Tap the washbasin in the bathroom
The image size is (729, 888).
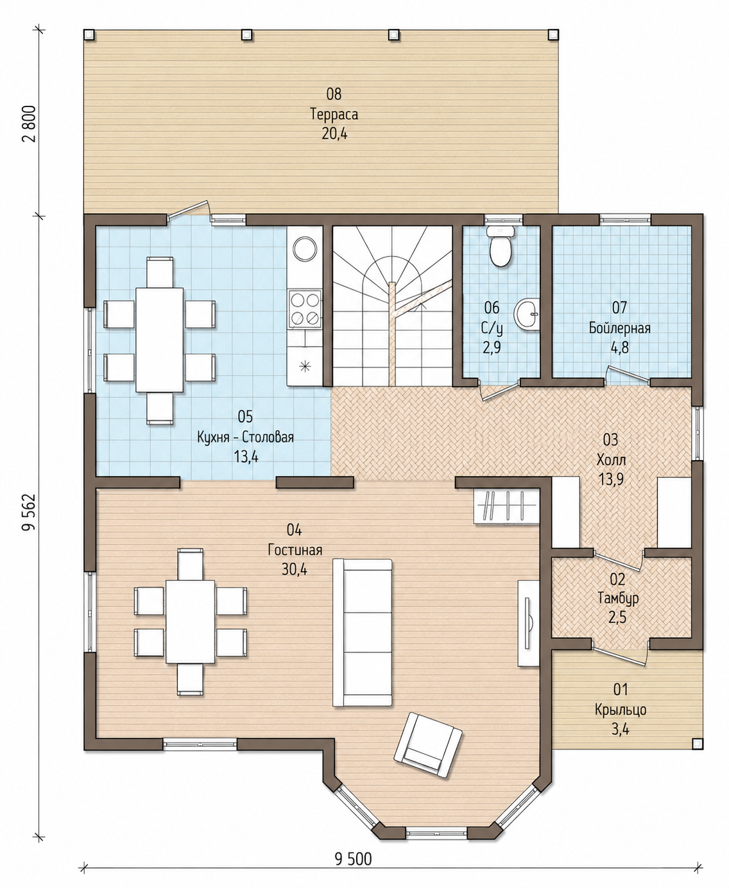click(526, 314)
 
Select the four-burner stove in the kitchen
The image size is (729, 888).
click(304, 309)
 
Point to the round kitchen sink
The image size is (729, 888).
click(305, 248)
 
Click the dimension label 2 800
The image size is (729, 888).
click(30, 124)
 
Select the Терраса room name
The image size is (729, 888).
click(334, 114)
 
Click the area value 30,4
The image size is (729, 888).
click(295, 569)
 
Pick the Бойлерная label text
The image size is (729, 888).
click(619, 328)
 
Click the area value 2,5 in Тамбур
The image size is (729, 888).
click(617, 617)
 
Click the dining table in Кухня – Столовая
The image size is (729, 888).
click(159, 340)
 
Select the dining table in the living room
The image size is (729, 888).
click(191, 622)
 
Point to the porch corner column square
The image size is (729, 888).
click(697, 755)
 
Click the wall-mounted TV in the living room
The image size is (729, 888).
click(528, 623)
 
